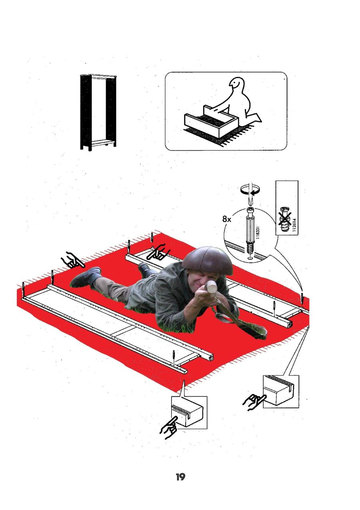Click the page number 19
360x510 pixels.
180,476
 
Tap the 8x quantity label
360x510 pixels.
227,219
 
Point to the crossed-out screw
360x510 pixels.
284,219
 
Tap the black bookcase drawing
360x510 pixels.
98,112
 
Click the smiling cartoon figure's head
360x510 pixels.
237,84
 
